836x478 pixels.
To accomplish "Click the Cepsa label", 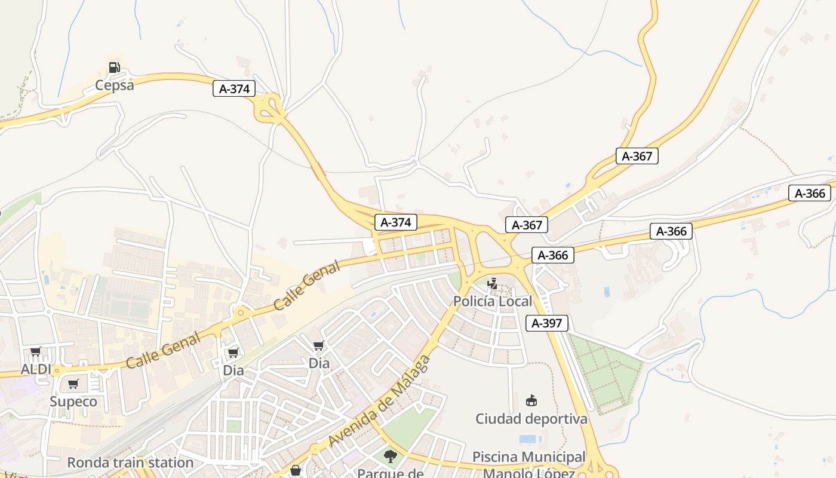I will pos(115,85).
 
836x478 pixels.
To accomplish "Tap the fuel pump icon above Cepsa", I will pos(114,67).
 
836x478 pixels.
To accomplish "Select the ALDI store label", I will pos(37,369).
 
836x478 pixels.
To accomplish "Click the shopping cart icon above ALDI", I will pos(35,352).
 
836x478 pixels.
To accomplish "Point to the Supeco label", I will pos(73,402).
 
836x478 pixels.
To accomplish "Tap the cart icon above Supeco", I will pos(73,384).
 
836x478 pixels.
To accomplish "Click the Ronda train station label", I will pos(130,462).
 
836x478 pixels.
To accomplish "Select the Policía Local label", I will pos(492,301).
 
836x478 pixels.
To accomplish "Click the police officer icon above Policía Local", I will pos(492,283).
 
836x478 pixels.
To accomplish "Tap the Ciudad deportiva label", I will pos(531,419).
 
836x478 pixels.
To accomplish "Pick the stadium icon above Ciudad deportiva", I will pos(531,400).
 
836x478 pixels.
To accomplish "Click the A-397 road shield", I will pos(546,323).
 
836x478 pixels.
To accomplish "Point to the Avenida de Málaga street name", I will pos(379,402).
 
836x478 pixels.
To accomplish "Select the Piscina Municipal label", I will pos(528,457).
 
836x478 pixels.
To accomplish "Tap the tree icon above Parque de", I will pos(391,456).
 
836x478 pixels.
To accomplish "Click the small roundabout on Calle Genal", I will pos(241,312).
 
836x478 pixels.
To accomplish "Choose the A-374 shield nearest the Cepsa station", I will pos(234,89).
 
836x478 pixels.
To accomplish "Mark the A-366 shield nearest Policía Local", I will pos(552,255).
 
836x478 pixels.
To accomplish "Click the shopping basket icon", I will pos(295,471).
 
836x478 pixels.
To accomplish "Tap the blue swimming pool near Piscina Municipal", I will pos(528,439).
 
